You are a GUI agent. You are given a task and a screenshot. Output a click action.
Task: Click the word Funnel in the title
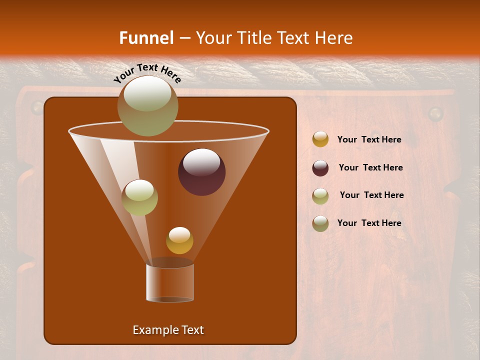(146, 37)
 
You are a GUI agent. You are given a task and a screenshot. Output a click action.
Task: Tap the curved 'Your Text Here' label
(147, 73)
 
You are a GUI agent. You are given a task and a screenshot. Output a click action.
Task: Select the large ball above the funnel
(147, 105)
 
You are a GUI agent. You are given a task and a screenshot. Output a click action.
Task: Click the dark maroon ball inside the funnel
(201, 172)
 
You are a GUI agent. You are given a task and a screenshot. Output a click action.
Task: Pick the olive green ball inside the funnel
(139, 197)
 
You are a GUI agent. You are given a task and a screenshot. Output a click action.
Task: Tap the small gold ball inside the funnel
(179, 240)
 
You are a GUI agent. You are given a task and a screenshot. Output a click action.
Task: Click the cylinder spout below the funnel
(170, 282)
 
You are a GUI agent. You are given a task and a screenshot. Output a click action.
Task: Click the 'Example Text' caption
(168, 330)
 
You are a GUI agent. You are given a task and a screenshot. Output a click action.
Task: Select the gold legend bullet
(320, 139)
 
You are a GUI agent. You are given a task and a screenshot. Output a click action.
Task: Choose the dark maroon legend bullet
(320, 168)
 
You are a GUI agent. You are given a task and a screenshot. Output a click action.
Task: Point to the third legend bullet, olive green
(320, 196)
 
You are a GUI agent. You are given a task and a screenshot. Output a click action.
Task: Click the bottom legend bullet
(320, 223)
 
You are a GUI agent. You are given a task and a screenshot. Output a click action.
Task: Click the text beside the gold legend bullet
(369, 140)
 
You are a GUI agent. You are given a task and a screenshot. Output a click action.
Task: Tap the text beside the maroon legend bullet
(370, 167)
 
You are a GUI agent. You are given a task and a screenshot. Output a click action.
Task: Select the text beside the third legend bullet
(371, 195)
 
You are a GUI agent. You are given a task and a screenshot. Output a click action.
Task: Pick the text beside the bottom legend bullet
(369, 223)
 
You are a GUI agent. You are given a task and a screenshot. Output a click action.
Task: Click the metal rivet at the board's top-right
(435, 113)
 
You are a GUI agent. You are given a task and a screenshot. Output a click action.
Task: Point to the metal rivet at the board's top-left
(37, 106)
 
